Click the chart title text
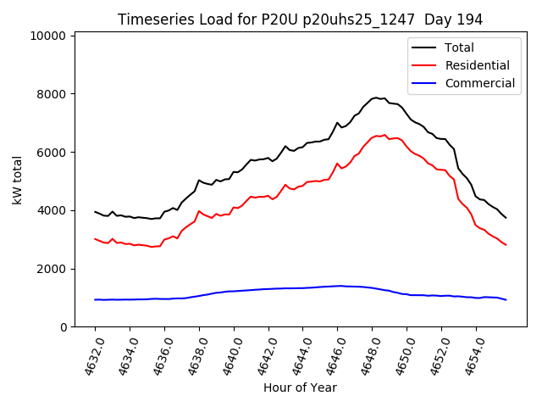click(301, 20)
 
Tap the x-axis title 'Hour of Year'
click(301, 387)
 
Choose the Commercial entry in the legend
click(479, 83)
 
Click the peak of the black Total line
click(375, 98)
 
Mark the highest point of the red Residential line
click(384, 134)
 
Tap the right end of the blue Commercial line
click(506, 300)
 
